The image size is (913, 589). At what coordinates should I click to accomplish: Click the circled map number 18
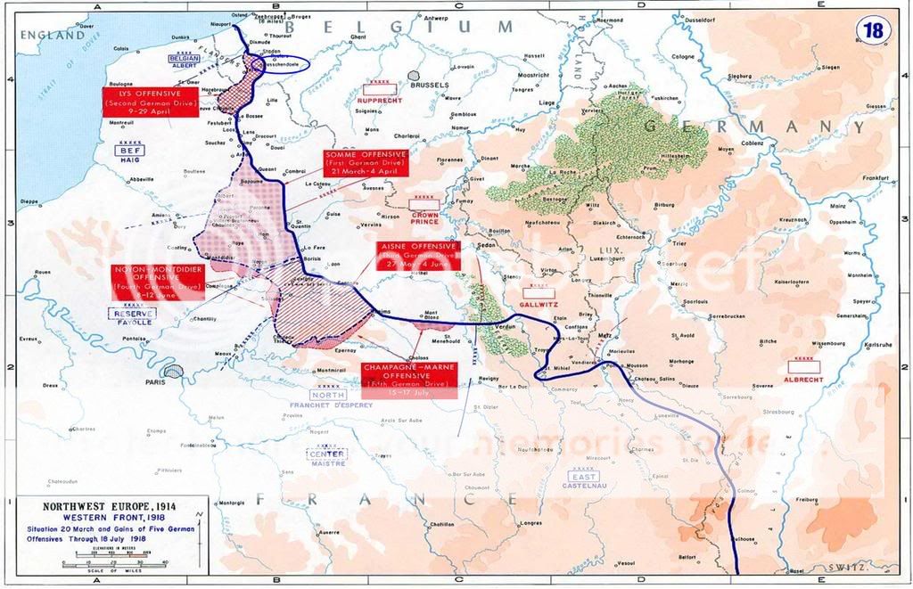pyautogui.click(x=871, y=30)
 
